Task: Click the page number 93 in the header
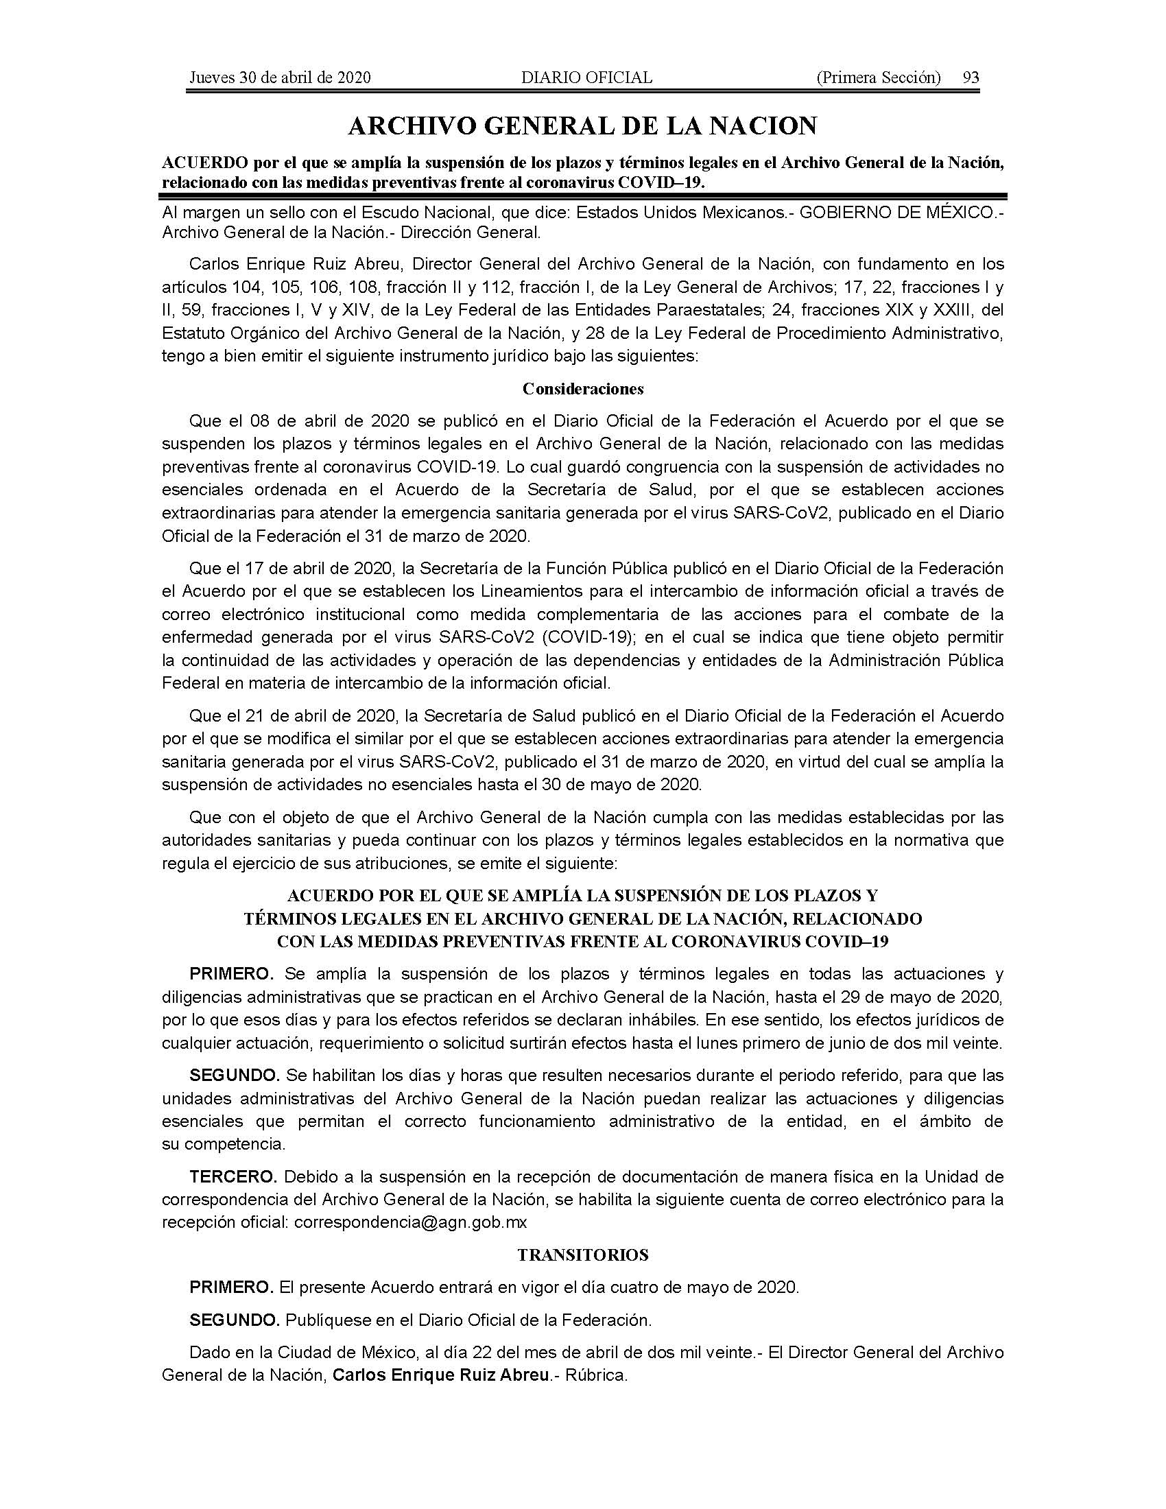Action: (x=971, y=78)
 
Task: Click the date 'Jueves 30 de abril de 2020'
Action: (x=280, y=78)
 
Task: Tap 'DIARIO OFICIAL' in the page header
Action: (x=586, y=78)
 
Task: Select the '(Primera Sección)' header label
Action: (x=878, y=78)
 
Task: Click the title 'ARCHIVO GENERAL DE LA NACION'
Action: (x=583, y=126)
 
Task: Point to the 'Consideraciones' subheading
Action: (x=583, y=389)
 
